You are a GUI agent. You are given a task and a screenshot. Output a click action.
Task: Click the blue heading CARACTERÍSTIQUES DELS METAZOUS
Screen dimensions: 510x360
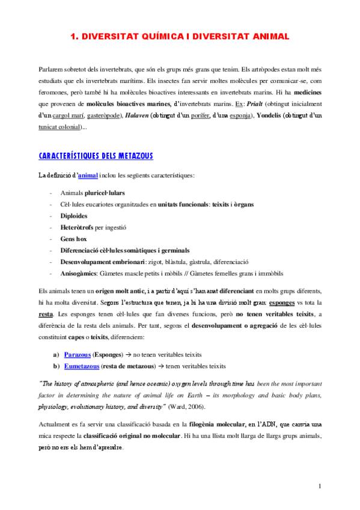[96, 156]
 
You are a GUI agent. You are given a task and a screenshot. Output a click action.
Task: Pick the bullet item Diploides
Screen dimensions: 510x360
[74, 216]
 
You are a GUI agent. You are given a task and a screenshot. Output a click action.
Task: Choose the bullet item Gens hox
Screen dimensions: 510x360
[74, 239]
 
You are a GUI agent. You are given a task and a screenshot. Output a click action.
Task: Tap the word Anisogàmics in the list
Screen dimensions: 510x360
[80, 272]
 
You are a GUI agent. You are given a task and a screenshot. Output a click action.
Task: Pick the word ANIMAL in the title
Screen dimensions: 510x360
[266, 37]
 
